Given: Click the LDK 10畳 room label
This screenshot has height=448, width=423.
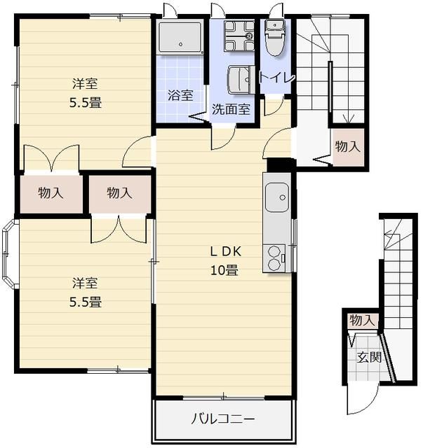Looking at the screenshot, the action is pyautogui.click(x=224, y=260).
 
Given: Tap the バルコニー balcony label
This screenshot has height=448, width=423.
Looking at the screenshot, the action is pyautogui.click(x=223, y=419).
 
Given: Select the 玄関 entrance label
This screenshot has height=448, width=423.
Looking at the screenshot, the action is pyautogui.click(x=369, y=357).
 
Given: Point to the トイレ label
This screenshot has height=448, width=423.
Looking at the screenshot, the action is pyautogui.click(x=276, y=77).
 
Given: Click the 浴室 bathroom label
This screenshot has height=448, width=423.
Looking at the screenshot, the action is pyautogui.click(x=180, y=95).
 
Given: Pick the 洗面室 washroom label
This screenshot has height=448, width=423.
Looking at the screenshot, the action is pyautogui.click(x=231, y=109).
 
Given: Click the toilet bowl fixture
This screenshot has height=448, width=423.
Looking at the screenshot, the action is pyautogui.click(x=275, y=37).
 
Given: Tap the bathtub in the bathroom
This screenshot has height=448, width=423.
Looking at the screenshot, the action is pyautogui.click(x=180, y=37).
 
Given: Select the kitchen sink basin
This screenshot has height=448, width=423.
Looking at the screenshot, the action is pyautogui.click(x=276, y=197).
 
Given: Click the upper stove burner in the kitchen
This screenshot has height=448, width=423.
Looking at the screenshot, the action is pyautogui.click(x=274, y=252).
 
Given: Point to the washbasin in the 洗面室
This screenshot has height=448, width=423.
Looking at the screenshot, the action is pyautogui.click(x=241, y=80).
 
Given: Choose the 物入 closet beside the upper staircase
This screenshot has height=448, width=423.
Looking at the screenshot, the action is pyautogui.click(x=348, y=147).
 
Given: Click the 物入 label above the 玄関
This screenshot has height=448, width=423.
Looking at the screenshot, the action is pyautogui.click(x=362, y=321).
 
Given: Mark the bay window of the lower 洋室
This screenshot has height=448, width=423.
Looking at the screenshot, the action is pyautogui.click(x=8, y=253).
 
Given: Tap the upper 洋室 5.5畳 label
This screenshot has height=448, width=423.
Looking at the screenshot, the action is pyautogui.click(x=86, y=93).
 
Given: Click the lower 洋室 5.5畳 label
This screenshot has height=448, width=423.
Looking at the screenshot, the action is pyautogui.click(x=86, y=293).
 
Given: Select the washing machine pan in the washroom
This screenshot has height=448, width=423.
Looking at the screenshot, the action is pyautogui.click(x=239, y=36).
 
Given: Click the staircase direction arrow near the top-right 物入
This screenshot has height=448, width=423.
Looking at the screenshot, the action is pyautogui.click(x=348, y=118).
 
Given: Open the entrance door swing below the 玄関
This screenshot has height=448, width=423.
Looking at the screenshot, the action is pyautogui.click(x=363, y=398).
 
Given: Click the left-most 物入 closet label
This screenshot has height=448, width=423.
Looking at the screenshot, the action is pyautogui.click(x=51, y=193).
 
